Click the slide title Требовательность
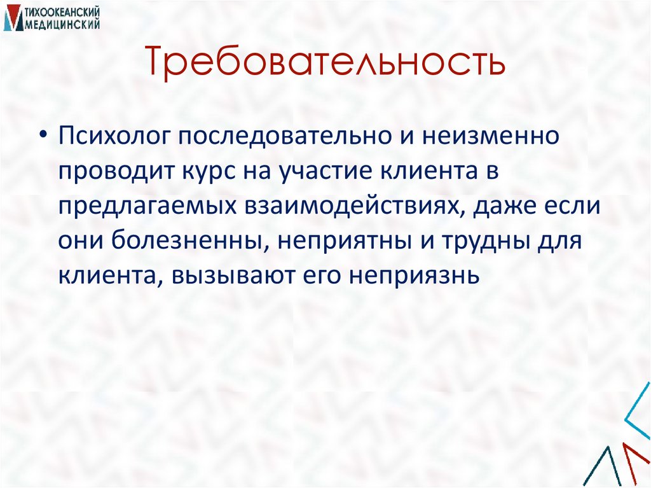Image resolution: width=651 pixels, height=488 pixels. pos(325,62)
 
